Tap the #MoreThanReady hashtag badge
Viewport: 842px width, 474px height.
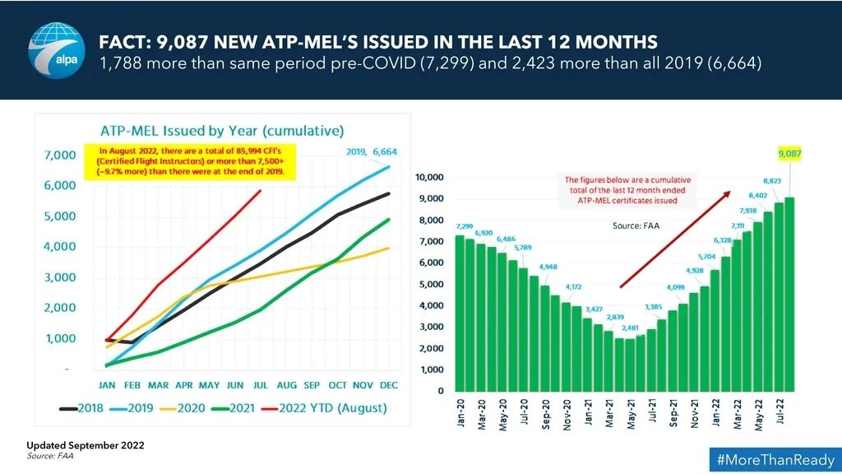773,459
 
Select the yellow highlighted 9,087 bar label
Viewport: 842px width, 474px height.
789,153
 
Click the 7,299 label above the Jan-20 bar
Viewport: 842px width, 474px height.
464,225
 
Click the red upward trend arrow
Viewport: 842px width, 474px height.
674,239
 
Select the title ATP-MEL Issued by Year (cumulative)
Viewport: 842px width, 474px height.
221,130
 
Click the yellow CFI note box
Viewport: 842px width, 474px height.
191,161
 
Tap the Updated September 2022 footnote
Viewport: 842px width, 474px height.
85,444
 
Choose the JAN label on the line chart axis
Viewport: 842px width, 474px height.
108,384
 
